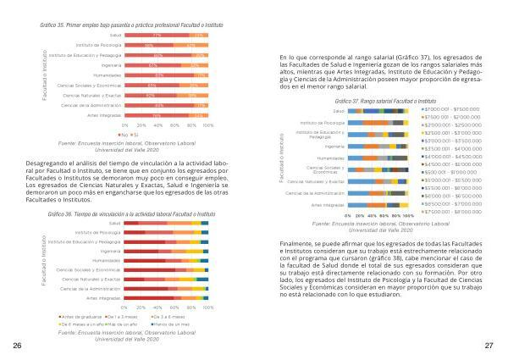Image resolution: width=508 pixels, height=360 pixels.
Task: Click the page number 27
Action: point(489,346)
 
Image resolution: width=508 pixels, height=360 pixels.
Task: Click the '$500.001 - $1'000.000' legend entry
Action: point(454,171)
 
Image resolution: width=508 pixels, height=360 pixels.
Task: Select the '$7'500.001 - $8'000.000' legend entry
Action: point(454,212)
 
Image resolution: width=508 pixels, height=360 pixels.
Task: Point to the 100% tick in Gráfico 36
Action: point(207,307)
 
